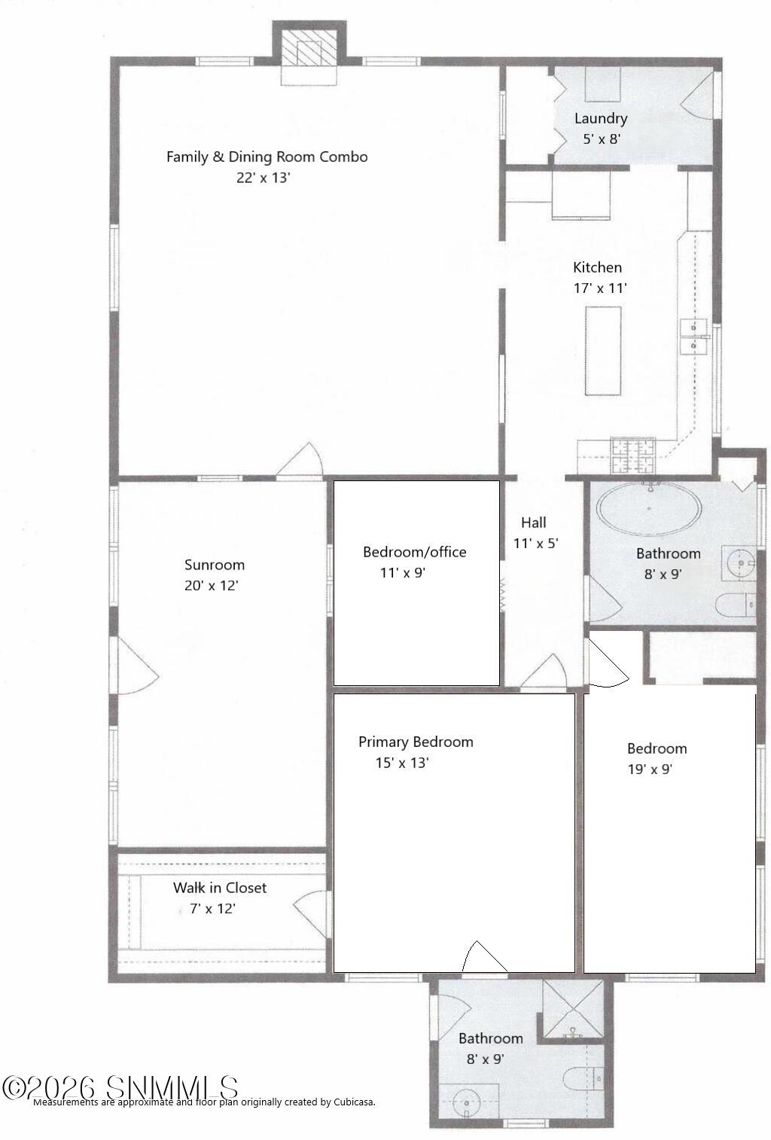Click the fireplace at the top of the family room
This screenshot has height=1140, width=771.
tap(309, 53)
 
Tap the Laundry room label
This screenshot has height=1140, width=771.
tap(600, 118)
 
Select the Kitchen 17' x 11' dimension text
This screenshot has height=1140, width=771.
tap(600, 288)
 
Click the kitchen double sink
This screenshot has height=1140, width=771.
tap(693, 337)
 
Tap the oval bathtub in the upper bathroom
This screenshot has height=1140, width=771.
tap(648, 508)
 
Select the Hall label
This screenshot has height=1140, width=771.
tap(533, 523)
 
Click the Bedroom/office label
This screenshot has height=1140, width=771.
tap(414, 552)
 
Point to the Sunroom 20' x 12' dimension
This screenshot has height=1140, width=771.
tap(212, 585)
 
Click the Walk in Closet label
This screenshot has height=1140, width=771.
tap(220, 888)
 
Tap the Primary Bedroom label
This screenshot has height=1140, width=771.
tap(416, 742)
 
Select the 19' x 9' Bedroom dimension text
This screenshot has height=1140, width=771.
tap(649, 769)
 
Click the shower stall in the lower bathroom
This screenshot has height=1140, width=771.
tap(573, 1009)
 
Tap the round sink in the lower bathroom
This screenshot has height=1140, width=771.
tap(467, 1104)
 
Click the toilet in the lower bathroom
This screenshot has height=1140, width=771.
tap(583, 1079)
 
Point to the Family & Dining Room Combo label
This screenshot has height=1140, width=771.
tap(267, 157)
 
